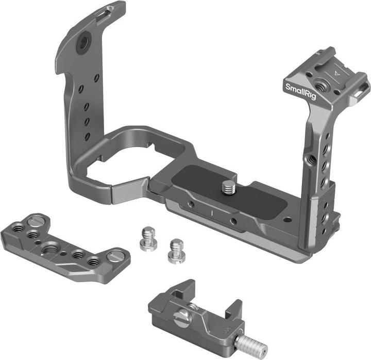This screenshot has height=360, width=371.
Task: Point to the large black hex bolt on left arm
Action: coord(82,45)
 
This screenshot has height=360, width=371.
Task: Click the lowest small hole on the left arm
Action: coord(88,136)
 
